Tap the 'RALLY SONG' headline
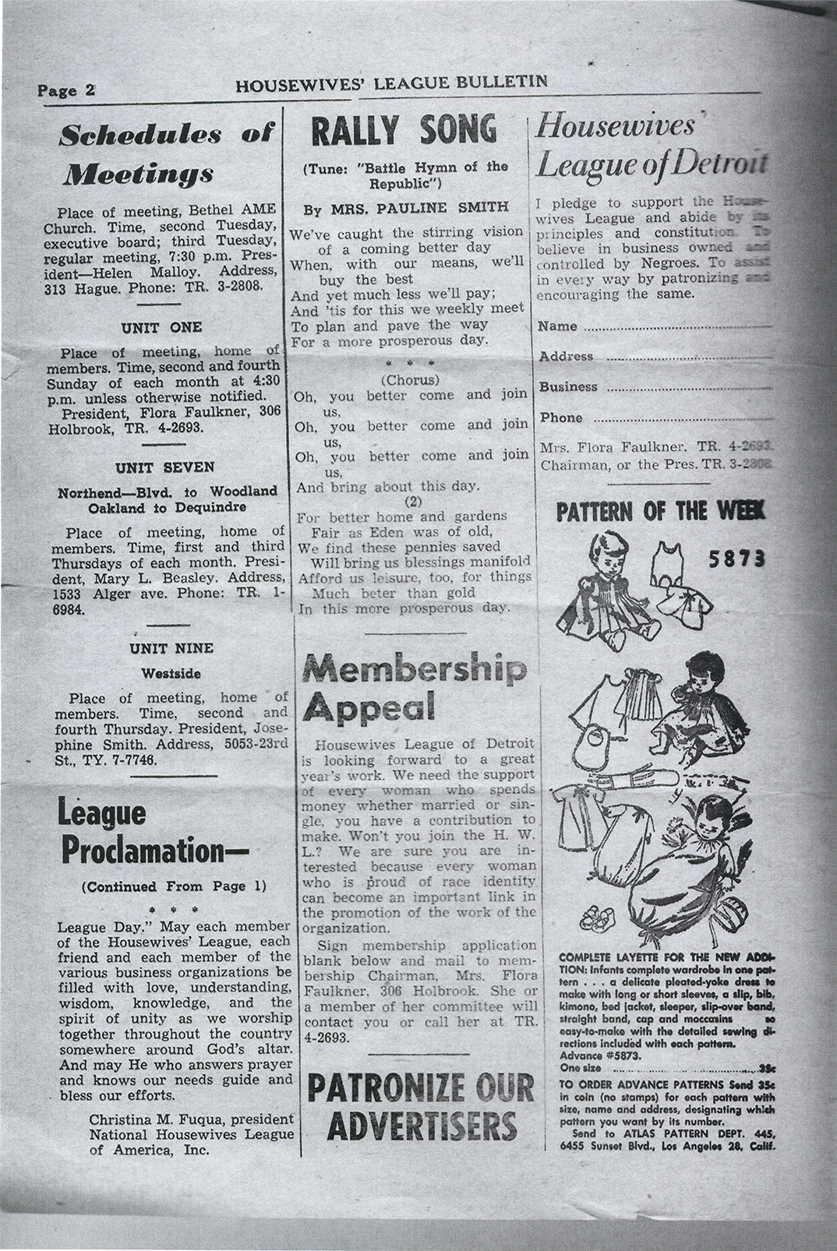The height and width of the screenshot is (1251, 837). pos(404,130)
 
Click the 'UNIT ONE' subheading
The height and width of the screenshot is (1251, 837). pos(161,327)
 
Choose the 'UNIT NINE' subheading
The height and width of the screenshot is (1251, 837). pos(171,648)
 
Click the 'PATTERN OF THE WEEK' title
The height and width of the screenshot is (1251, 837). pos(661,512)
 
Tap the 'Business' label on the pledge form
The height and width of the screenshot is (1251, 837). pos(568,387)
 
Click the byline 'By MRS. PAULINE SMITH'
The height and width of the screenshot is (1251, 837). pos(405,207)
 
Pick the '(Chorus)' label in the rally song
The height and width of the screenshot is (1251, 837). pos(411,380)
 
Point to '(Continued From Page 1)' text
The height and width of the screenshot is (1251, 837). pos(173,886)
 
